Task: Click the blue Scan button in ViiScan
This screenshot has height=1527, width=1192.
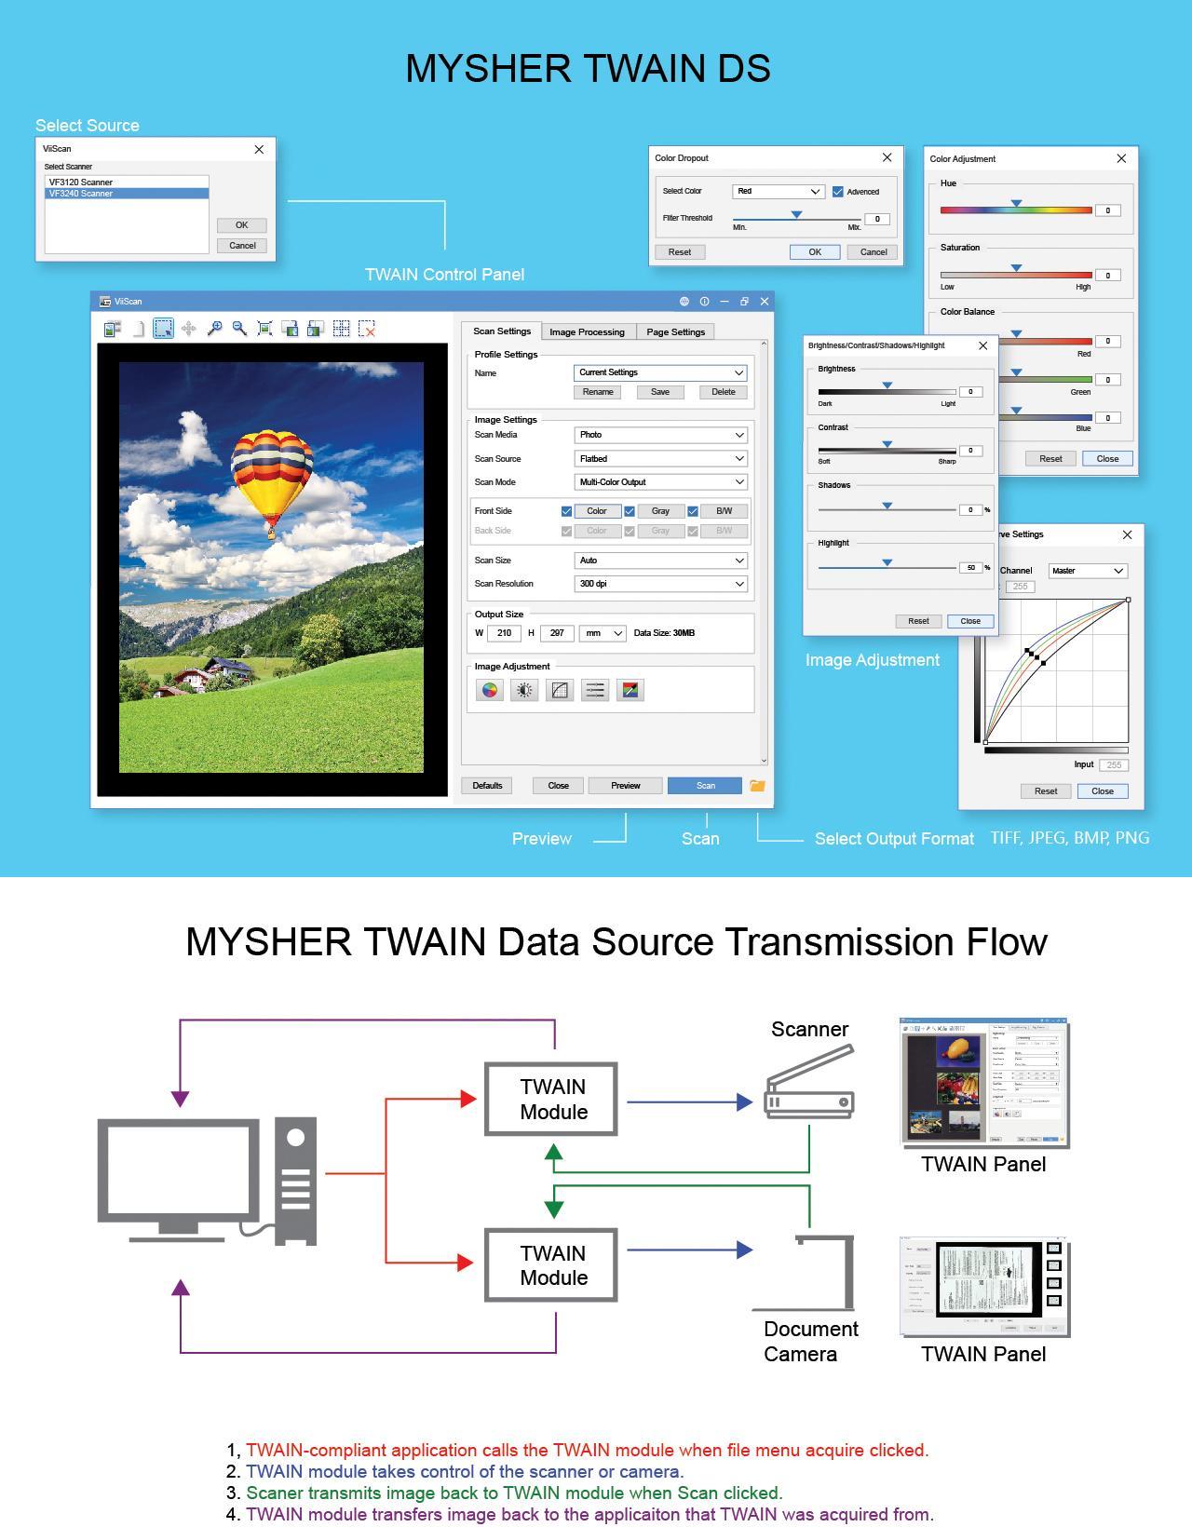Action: point(704,786)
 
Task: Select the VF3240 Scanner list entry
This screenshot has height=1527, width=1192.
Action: point(127,194)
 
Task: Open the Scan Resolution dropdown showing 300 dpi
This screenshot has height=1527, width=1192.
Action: point(660,584)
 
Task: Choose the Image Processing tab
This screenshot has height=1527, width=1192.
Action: point(587,331)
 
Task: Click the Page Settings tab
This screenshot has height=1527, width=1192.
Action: point(675,331)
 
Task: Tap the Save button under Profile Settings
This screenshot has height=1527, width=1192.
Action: point(659,392)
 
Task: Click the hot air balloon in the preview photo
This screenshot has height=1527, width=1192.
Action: point(271,480)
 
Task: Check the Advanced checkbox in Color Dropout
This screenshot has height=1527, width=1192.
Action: point(837,192)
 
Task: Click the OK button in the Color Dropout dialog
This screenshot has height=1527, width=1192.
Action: point(814,252)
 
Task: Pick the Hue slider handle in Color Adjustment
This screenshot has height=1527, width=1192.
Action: point(1016,203)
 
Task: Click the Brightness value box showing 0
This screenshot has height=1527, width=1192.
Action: point(970,392)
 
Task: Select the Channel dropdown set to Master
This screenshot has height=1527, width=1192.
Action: point(1088,571)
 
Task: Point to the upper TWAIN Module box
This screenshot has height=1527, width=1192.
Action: point(551,1100)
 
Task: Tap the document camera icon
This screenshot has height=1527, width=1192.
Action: point(825,1272)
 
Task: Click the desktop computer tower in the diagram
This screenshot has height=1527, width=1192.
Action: point(296,1181)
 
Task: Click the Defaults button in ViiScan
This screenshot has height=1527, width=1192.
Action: point(487,786)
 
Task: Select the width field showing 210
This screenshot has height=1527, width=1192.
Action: point(504,633)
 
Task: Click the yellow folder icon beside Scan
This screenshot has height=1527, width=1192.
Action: point(757,786)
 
